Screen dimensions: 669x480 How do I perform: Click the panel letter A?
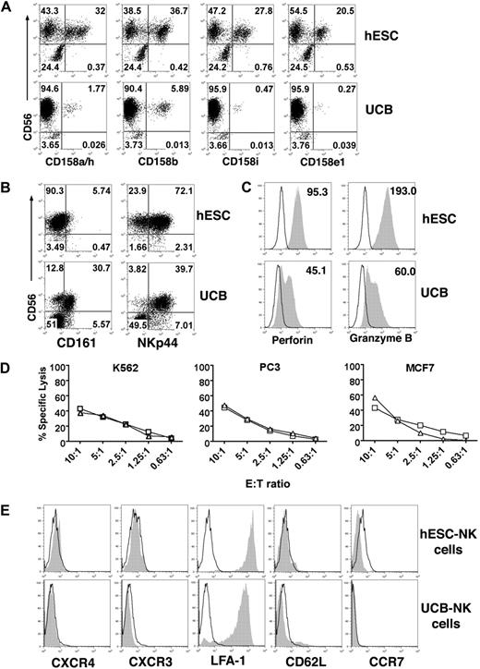tap(8, 7)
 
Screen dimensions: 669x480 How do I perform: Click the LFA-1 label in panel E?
tap(232, 659)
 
